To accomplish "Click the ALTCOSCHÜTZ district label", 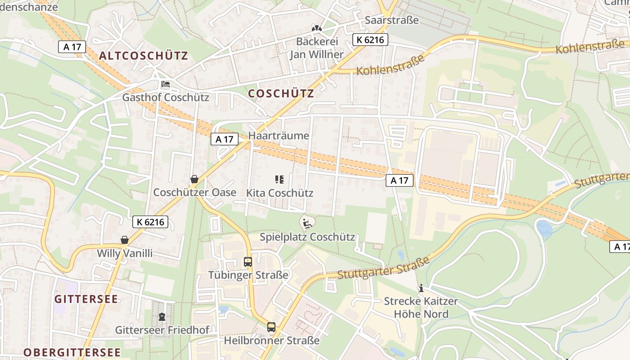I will (x=144, y=56).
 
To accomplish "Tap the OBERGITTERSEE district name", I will (x=72, y=352).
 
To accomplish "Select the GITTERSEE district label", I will (x=86, y=299).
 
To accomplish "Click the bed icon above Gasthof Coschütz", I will (x=166, y=84).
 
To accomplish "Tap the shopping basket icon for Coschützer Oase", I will (x=194, y=180).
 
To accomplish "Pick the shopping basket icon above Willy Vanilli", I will (x=125, y=240).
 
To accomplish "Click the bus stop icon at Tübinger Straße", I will (x=248, y=261).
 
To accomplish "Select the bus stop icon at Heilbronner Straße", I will (x=271, y=327).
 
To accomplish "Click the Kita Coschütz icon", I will (x=279, y=180).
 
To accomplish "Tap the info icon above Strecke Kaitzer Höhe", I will (x=421, y=288).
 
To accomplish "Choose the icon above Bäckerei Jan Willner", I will (x=317, y=28).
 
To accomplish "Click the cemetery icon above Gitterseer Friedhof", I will (x=162, y=317).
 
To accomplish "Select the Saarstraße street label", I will (x=391, y=20).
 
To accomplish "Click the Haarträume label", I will (x=279, y=136).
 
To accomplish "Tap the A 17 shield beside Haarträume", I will (x=225, y=139).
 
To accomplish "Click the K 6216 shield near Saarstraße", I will (x=370, y=40).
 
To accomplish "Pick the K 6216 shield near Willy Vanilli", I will (x=150, y=221).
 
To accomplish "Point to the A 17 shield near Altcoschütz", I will (x=72, y=46).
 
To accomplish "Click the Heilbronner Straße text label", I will (x=272, y=341).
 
